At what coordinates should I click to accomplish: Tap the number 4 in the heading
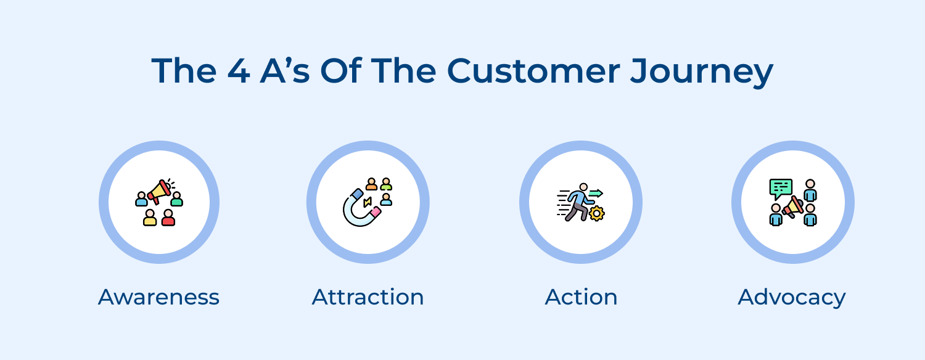tap(237, 72)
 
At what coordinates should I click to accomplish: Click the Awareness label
tap(158, 297)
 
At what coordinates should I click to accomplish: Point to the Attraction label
tap(368, 297)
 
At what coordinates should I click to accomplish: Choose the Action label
tap(581, 297)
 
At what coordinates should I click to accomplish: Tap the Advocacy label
tap(792, 297)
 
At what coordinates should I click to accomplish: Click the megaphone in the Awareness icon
tap(160, 192)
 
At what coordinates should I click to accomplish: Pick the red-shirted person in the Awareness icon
tap(168, 218)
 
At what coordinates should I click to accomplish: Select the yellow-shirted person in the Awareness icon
tap(150, 218)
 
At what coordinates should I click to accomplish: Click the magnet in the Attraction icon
tap(357, 210)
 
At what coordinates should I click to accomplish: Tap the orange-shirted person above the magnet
tap(371, 184)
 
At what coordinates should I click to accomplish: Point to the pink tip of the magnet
tap(376, 212)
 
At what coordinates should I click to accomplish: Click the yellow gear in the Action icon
tap(596, 213)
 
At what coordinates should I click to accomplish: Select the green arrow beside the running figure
tap(596, 193)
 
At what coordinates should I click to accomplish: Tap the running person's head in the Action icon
tap(583, 187)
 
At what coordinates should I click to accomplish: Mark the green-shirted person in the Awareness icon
tap(177, 198)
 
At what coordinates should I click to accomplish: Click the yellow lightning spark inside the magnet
tap(368, 202)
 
